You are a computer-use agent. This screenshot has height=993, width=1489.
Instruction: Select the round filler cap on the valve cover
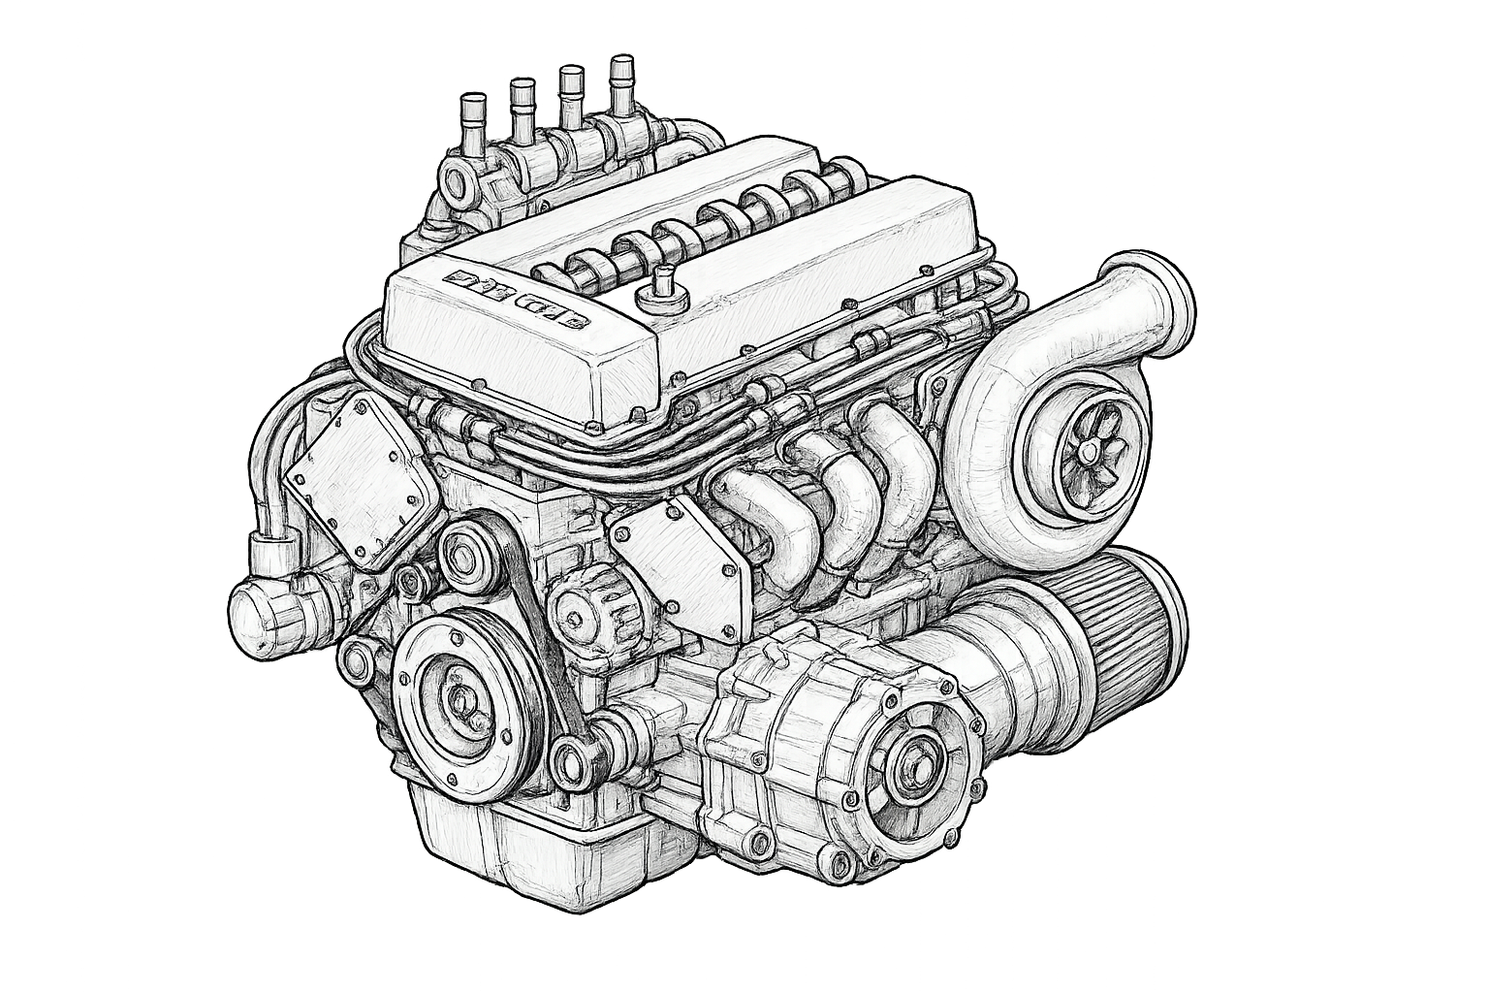click(663, 283)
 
